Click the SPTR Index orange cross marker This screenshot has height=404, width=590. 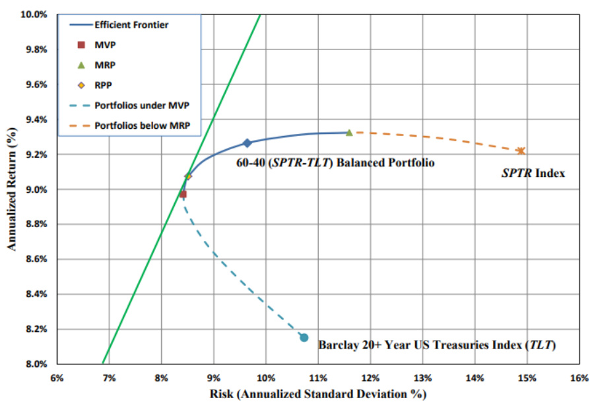click(521, 151)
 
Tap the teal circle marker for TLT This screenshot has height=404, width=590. click(304, 337)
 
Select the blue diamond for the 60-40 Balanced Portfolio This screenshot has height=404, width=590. click(247, 143)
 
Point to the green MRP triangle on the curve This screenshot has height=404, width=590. click(349, 132)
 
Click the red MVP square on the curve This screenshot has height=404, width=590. click(183, 194)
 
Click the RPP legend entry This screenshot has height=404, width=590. click(103, 85)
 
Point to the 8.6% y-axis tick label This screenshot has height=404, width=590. click(35, 259)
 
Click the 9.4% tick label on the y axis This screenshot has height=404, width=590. click(35, 119)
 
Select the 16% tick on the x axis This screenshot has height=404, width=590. click(579, 378)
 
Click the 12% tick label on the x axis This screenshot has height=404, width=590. click(370, 378)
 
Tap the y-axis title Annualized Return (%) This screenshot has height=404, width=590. click(11, 188)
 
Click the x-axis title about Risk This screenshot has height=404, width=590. click(317, 394)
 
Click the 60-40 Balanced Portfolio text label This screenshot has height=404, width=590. click(335, 162)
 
